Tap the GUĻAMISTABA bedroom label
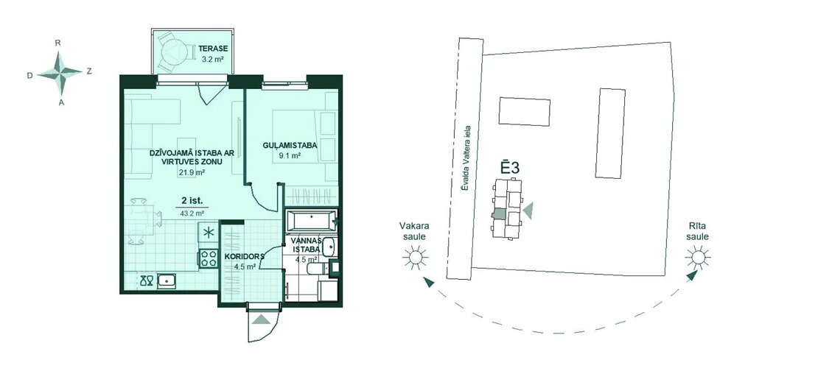pos(282,146)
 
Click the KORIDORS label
pos(244,257)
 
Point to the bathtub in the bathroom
pos(311,220)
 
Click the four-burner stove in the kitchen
pos(209,258)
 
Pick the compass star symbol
pos(60,72)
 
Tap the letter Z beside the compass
pos(89,71)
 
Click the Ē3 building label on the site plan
pos(510,169)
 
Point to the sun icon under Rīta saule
pos(697,257)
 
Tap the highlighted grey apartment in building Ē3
pos(499,213)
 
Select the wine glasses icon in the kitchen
pos(146,282)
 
